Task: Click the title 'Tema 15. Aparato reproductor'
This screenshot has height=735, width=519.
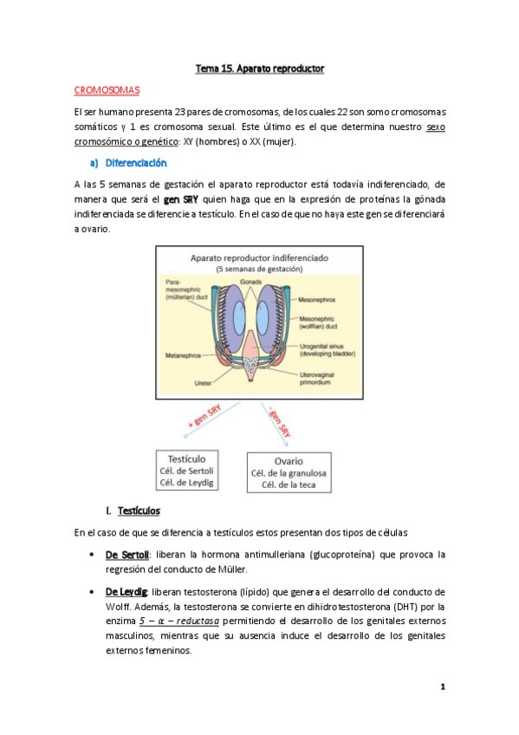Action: (x=259, y=68)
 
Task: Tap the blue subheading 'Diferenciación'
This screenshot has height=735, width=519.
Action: (x=136, y=163)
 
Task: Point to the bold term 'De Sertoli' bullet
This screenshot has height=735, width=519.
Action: (x=127, y=554)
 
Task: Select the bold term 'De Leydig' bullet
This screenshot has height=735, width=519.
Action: (x=126, y=591)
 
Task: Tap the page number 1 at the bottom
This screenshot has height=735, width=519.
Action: (x=442, y=687)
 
